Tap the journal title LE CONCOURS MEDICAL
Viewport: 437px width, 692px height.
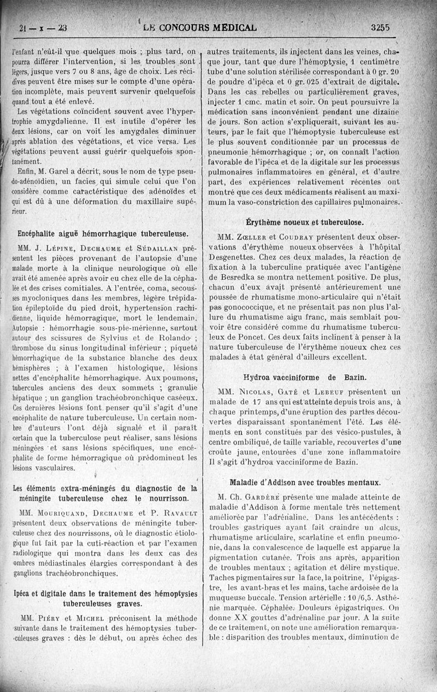point(199,27)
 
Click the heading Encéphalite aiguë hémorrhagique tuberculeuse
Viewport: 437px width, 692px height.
point(104,233)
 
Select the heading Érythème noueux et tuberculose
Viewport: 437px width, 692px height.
point(305,222)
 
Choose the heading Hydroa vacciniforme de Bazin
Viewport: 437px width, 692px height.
point(305,377)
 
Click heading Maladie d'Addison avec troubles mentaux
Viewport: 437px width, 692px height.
point(305,482)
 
